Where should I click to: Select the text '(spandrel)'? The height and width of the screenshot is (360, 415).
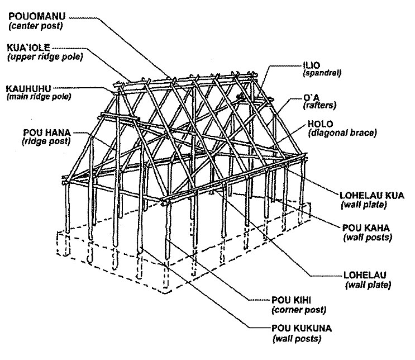click(x=321, y=73)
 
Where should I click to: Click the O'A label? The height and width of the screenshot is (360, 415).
click(x=310, y=96)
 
